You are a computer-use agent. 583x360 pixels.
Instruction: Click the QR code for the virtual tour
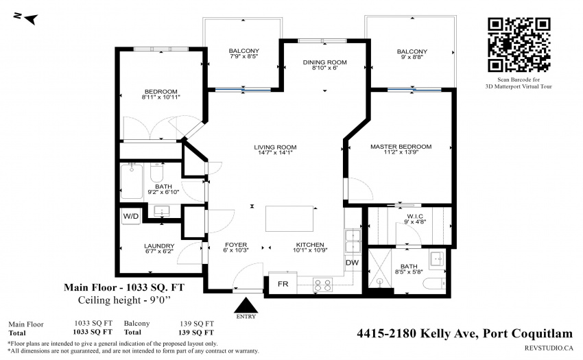click(519, 45)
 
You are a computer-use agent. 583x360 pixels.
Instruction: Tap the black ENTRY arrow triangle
click(246, 305)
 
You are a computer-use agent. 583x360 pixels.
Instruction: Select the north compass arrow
click(29, 19)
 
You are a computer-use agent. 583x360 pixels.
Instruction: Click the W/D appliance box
click(131, 216)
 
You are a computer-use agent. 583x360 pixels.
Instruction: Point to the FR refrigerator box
click(283, 284)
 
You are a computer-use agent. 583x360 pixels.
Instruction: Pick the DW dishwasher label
click(352, 263)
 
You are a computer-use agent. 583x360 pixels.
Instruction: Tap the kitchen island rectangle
click(289, 219)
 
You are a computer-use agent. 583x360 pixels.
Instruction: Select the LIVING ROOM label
click(275, 147)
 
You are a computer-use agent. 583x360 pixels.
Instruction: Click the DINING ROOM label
click(324, 62)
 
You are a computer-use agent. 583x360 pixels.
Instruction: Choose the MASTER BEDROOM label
click(401, 147)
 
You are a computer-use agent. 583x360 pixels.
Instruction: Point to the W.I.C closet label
click(415, 217)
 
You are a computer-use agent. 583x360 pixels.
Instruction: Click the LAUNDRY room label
click(159, 245)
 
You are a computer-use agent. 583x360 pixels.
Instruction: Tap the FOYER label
click(236, 245)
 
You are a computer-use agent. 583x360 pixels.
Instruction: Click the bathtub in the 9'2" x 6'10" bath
click(132, 182)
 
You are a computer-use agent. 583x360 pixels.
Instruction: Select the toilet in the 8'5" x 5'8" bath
click(434, 283)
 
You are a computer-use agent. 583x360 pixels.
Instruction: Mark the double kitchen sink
click(353, 241)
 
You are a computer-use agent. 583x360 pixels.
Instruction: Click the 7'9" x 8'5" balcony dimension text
click(244, 56)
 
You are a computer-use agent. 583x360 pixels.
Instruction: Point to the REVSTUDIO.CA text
click(549, 348)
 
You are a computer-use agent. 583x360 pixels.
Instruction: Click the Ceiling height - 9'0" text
click(126, 300)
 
